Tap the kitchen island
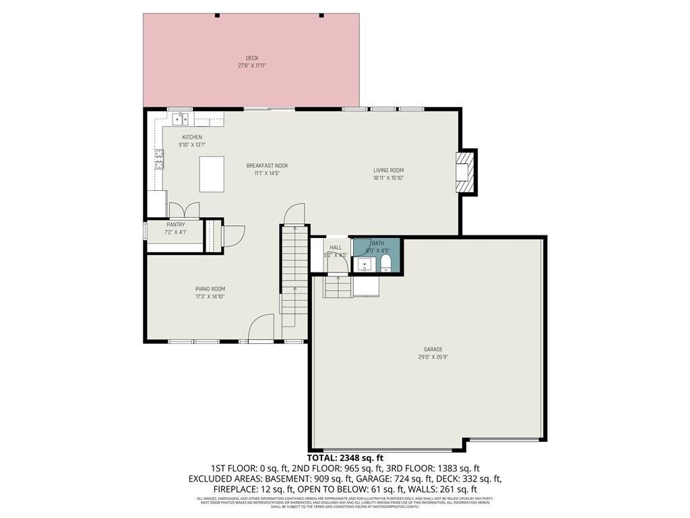coord(212,174)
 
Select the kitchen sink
coord(180,119)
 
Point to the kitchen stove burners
coord(160,159)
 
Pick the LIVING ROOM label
coord(389,170)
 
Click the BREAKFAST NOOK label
coord(267,165)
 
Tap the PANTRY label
coord(175,225)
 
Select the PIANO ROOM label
coord(210,289)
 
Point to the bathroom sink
coord(365,263)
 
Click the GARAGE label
coord(433,349)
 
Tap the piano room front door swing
coord(259,330)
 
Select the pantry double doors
coord(184,210)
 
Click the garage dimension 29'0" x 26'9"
coord(433,357)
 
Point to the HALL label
coord(336,248)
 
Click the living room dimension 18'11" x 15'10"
coord(389,178)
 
